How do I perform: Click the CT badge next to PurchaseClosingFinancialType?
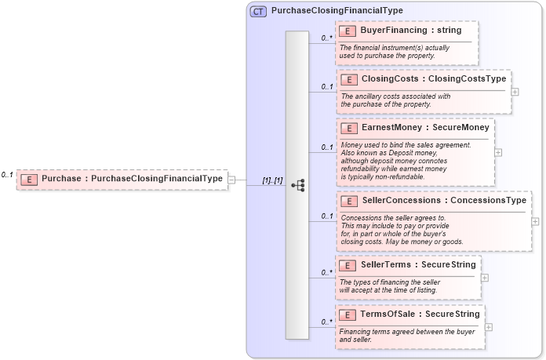258,12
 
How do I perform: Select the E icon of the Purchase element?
28,179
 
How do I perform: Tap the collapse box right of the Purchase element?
231,179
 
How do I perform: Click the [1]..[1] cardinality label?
272,180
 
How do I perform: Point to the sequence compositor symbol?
297,185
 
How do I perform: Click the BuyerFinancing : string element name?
411,31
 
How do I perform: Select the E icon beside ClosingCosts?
348,79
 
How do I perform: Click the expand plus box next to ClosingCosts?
515,91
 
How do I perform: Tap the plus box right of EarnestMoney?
498,152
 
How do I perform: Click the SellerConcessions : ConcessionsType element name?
444,201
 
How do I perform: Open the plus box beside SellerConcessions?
535,221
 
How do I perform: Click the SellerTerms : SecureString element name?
417,265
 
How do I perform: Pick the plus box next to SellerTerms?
485,277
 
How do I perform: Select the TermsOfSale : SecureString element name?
420,315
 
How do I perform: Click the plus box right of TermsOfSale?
489,326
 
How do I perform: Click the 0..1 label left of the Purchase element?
7,175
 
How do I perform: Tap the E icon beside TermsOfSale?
348,315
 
